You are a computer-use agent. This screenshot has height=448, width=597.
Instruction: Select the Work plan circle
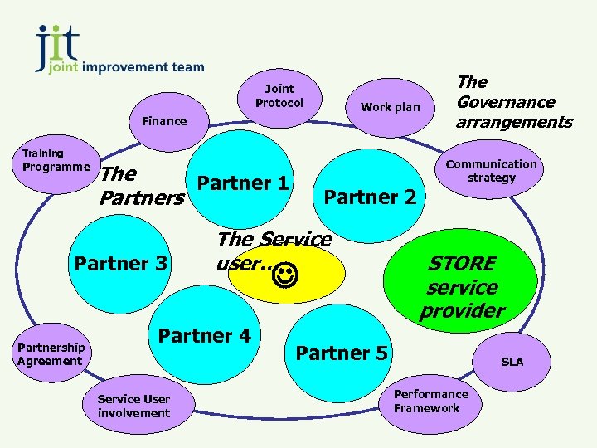[390, 107]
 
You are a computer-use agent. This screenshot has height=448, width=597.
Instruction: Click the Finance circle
[164, 121]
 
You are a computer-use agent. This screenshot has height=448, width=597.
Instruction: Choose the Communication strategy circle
[491, 171]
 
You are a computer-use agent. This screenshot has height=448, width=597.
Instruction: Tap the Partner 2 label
[370, 197]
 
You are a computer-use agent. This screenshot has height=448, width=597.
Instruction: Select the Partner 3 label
[121, 264]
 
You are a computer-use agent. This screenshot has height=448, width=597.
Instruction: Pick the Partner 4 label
[204, 335]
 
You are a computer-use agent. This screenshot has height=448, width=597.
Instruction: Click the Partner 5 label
[342, 353]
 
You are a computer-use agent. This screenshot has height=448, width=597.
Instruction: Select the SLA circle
[512, 362]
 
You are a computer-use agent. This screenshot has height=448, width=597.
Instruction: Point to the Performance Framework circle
[430, 401]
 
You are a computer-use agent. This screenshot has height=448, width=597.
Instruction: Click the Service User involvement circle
[133, 406]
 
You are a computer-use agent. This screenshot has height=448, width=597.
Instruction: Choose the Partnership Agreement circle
[50, 354]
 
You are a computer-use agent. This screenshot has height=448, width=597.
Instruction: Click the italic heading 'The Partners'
[140, 186]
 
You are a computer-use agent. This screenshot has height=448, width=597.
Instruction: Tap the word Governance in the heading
[505, 102]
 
